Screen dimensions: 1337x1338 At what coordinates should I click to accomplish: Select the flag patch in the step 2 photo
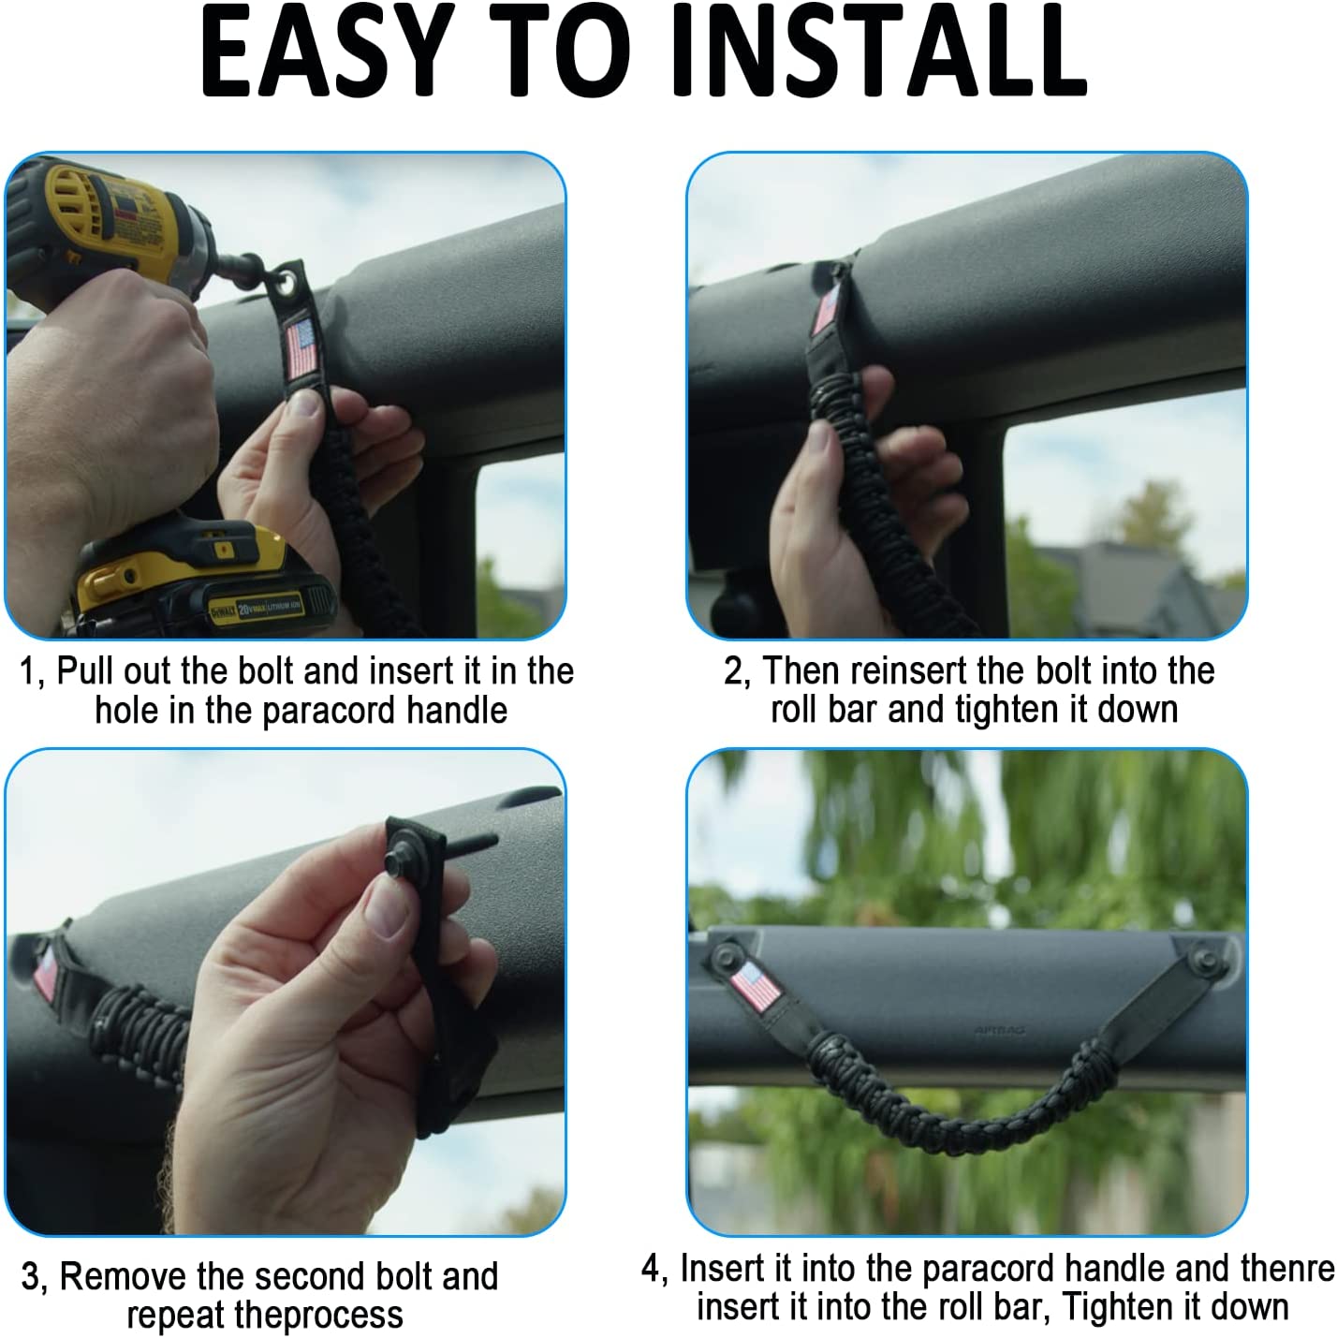pos(826,311)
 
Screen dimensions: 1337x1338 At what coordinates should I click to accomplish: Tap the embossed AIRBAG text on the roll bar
pos(999,1030)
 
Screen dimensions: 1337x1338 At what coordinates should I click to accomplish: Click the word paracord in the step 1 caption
pos(330,712)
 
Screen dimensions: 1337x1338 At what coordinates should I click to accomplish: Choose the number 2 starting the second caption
pos(733,672)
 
